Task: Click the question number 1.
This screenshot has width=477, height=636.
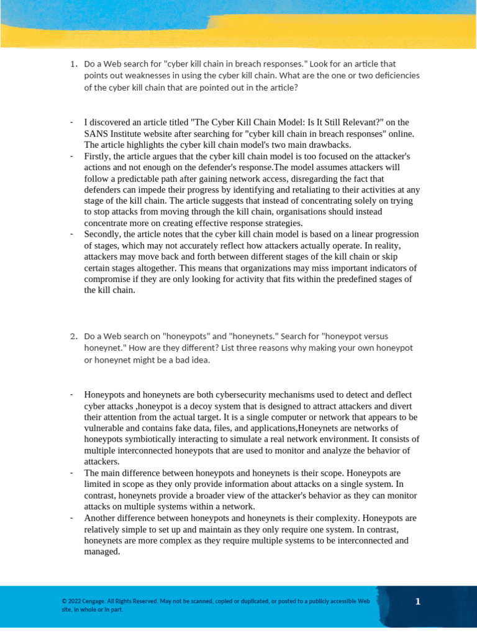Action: [73, 64]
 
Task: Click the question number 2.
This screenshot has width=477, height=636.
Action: [73, 337]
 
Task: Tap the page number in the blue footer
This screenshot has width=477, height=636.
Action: [418, 601]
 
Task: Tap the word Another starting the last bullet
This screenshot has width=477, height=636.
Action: [101, 518]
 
